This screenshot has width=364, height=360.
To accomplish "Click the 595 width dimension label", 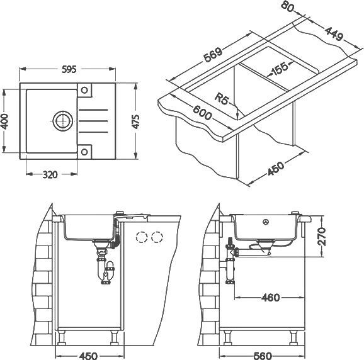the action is [69, 69].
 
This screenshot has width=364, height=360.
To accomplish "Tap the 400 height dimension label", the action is [4, 121].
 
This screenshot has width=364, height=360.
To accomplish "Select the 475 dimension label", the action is [135, 121].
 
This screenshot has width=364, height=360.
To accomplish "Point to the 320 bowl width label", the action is [50, 174].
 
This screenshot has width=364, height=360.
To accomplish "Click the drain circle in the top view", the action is [63, 121].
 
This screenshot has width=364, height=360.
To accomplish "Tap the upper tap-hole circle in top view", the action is [84, 90].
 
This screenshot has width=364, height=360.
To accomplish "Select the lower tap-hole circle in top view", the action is [84, 152].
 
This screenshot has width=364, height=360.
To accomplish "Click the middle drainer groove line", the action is [93, 121].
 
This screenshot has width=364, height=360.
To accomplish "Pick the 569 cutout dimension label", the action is [213, 55].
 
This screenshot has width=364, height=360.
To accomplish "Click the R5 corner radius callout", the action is [222, 99].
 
